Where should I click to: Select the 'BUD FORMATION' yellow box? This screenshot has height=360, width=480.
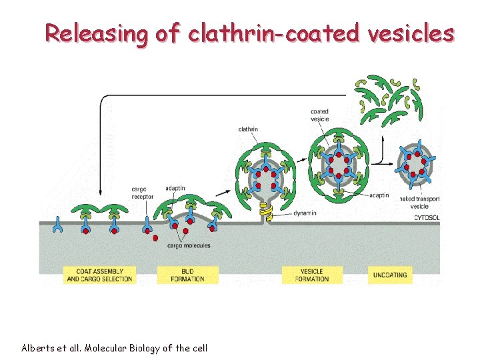pyautogui.click(x=188, y=275)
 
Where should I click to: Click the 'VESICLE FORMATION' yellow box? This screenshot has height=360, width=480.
pyautogui.click(x=312, y=275)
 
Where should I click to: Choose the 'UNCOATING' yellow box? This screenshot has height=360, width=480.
pyautogui.click(x=390, y=275)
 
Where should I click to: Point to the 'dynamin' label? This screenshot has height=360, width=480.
pyautogui.click(x=305, y=213)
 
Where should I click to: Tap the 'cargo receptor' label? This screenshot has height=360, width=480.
pyautogui.click(x=143, y=193)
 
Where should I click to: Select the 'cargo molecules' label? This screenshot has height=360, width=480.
pyautogui.click(x=189, y=246)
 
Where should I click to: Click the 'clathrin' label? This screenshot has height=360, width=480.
pyautogui.click(x=247, y=129)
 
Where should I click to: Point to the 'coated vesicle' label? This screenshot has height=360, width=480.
pyautogui.click(x=320, y=115)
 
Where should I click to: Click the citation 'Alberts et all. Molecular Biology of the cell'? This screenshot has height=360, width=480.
pyautogui.click(x=114, y=348)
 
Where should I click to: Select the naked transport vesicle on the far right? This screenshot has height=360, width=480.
pyautogui.click(x=417, y=164)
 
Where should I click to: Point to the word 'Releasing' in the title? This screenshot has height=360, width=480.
pyautogui.click(x=94, y=33)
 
